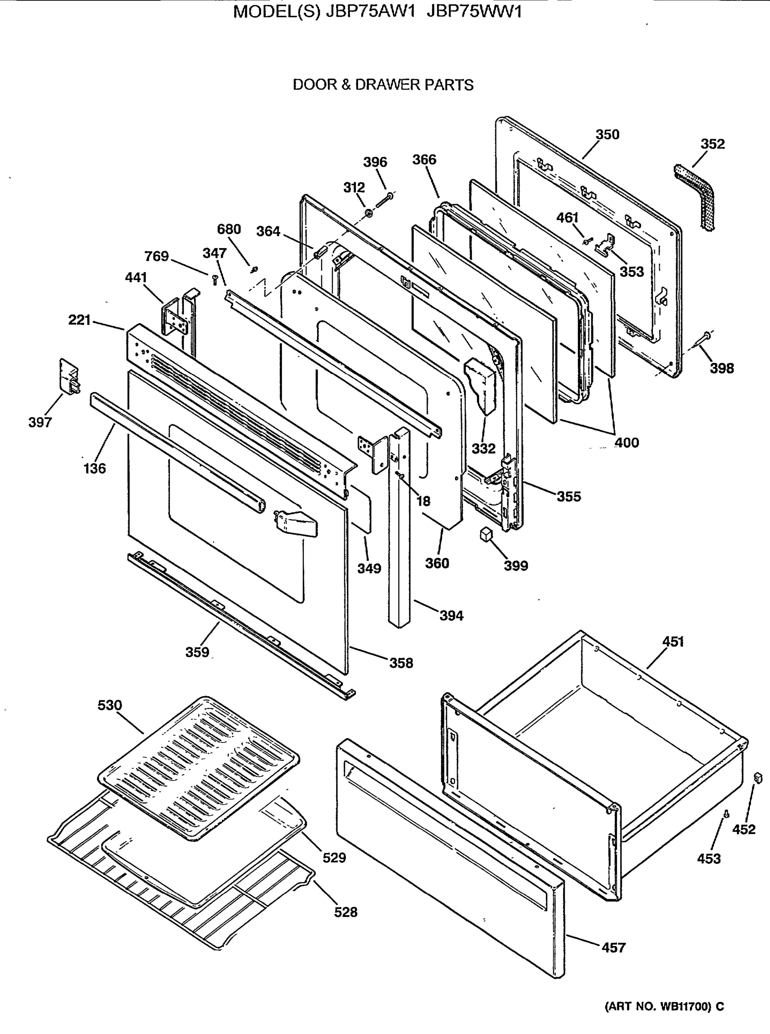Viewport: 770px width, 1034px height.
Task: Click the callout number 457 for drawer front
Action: coord(614,947)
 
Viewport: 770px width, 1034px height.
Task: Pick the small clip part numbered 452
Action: coord(758,777)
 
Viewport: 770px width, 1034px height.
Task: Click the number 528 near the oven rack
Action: coord(346,912)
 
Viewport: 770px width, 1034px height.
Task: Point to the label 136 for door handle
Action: coord(95,468)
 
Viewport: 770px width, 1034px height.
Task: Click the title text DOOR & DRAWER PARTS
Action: coord(383,85)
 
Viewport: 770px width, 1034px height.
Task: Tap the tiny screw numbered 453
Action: coord(726,814)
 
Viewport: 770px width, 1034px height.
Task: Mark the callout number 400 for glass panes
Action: coord(627,442)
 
